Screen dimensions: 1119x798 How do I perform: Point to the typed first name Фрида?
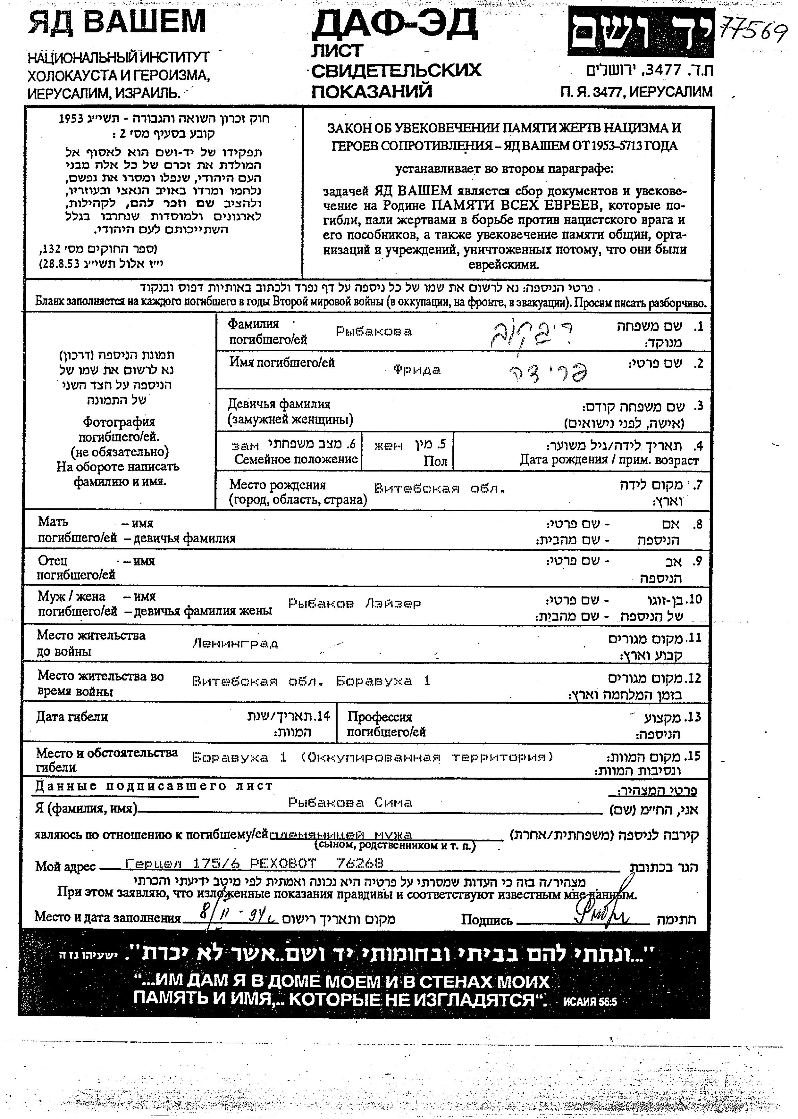click(x=417, y=370)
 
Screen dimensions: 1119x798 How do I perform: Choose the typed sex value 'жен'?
click(x=388, y=446)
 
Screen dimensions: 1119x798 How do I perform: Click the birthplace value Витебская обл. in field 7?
click(x=440, y=489)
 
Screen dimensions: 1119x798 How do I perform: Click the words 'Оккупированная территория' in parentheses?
click(x=426, y=757)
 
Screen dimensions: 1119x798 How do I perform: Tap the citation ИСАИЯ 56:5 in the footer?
click(x=590, y=1002)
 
